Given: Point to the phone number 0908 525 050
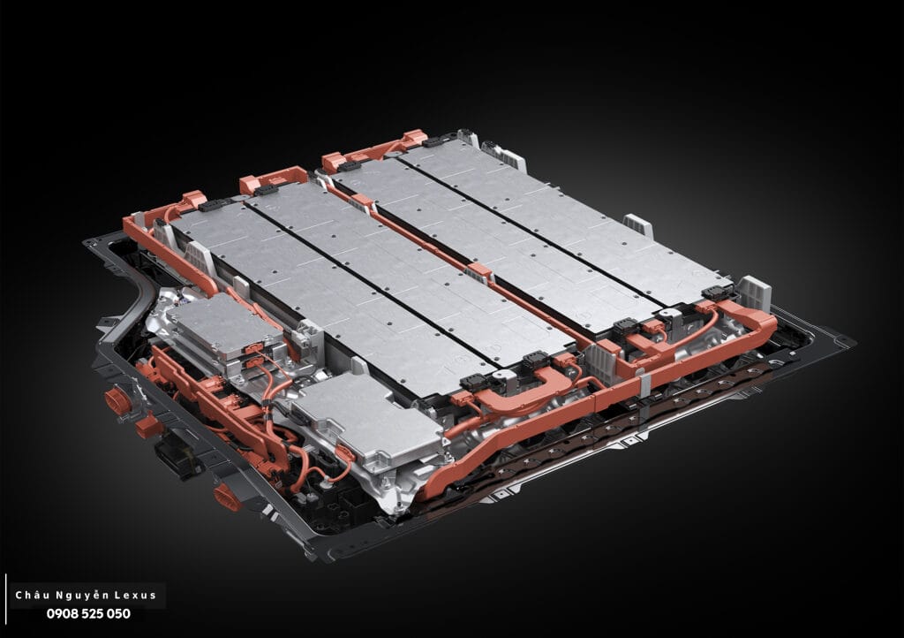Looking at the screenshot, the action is pyautogui.click(x=88, y=614).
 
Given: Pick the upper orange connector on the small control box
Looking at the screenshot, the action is pyautogui.click(x=253, y=349).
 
